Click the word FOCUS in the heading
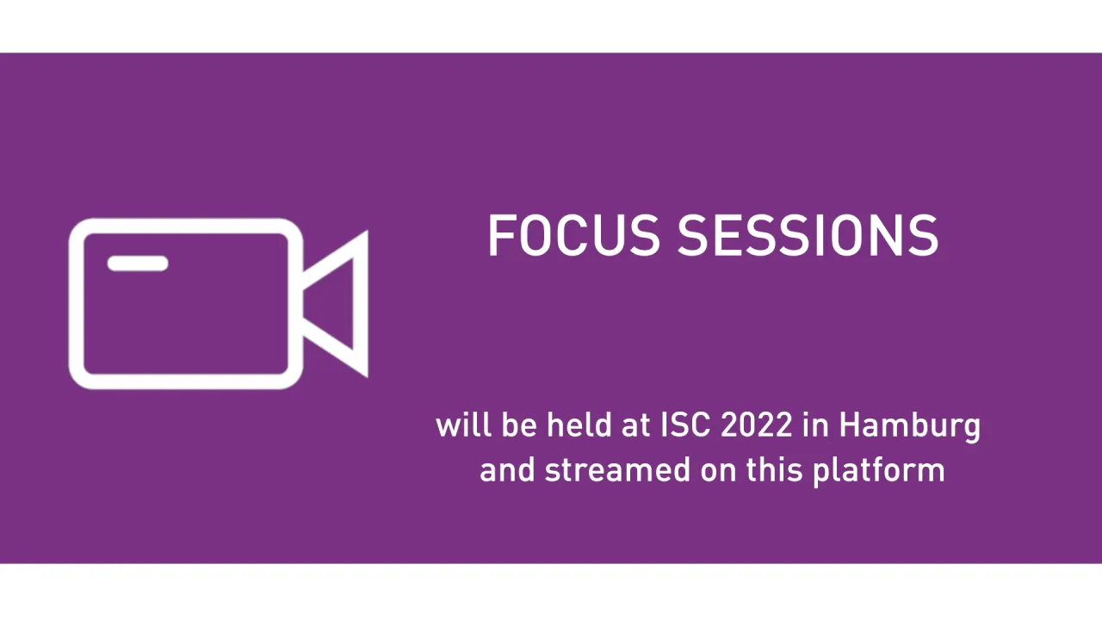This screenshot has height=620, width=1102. point(573,236)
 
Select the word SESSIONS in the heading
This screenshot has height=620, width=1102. point(808,236)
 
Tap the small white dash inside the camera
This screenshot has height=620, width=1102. point(138,263)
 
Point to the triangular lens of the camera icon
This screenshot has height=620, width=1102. point(340,303)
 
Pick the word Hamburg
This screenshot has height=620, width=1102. point(909,426)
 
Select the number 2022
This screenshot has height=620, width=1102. point(757,425)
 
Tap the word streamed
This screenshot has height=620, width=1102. point(616,470)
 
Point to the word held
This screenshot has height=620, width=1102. point(576,425)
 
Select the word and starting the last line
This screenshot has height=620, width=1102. point(507,470)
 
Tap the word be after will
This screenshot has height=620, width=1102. point(518,425)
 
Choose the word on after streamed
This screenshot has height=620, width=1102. point(717,471)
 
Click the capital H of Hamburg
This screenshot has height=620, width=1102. point(851,425)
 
